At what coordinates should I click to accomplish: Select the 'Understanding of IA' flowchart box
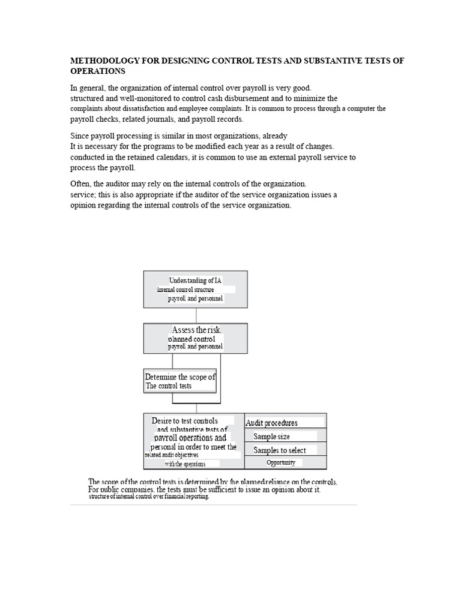(x=195, y=290)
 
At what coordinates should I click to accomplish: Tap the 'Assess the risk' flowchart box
(x=195, y=338)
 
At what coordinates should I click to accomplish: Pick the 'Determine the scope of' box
(x=179, y=381)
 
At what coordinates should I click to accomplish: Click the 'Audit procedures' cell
(x=285, y=422)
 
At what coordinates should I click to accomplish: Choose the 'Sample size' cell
(x=285, y=437)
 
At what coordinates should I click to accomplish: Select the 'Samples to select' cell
(x=285, y=450)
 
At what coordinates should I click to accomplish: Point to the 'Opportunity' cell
(x=285, y=463)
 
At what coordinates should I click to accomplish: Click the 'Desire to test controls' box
(x=193, y=441)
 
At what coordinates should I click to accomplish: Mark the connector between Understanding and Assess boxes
(x=196, y=316)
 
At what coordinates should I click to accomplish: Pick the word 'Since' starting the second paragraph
(x=80, y=136)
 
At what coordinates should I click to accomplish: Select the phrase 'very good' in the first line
(x=295, y=88)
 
